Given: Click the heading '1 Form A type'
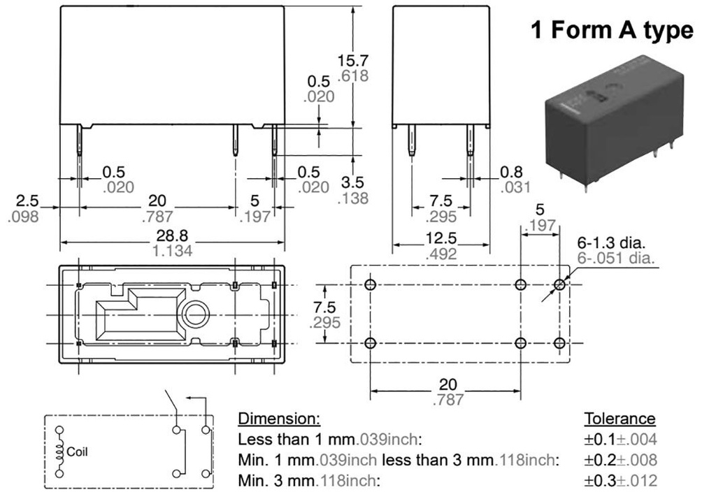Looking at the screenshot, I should tap(611, 30).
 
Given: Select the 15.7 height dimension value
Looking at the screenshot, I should tap(353, 61).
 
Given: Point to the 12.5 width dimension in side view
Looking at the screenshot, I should tap(441, 238).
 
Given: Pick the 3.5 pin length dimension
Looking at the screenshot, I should tap(353, 183).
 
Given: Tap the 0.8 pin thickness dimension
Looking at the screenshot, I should tap(515, 172).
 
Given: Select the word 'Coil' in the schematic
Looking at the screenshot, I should tap(78, 452).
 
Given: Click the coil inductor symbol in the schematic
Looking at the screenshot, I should tap(60, 451).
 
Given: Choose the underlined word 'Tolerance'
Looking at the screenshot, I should tap(620, 419).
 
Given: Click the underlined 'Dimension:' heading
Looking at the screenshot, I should tap(279, 419).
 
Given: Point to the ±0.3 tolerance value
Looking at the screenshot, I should tap(601, 481).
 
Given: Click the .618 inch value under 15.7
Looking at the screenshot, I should tap(353, 76).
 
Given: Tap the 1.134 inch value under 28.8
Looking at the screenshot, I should tap(172, 250).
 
